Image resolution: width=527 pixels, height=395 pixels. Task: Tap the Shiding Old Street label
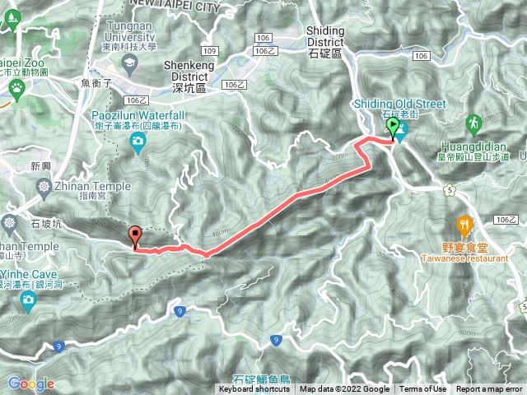(x=399, y=104)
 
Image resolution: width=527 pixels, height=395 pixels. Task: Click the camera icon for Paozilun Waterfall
(x=138, y=145)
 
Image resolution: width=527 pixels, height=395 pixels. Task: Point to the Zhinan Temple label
(x=95, y=187)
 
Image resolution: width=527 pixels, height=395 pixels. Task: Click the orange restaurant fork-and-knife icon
(x=465, y=224)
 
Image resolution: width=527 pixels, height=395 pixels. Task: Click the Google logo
(x=30, y=383)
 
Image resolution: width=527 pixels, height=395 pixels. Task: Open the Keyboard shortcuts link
(x=256, y=389)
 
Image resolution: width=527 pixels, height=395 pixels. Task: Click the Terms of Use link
(x=423, y=389)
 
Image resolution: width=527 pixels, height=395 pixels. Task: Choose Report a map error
(x=489, y=389)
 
